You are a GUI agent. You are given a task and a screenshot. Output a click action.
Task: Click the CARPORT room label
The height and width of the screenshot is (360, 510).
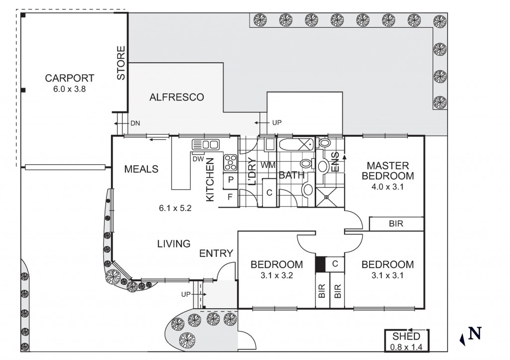point(70,78)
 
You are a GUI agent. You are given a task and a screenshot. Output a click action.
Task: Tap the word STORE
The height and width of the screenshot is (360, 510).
point(121,63)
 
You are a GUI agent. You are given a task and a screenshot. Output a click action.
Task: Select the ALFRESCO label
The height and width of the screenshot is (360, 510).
point(177,97)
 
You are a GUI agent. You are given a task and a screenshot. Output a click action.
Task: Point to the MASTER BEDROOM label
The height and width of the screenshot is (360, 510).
point(387,170)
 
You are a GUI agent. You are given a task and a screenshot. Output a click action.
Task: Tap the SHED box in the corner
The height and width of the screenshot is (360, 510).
point(406,341)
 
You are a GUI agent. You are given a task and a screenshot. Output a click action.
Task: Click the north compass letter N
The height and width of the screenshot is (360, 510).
point(475,333)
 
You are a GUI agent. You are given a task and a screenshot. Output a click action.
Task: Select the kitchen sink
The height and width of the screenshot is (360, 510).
point(206,145)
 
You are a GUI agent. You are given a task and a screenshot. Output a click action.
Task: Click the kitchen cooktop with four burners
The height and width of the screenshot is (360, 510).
point(231,161)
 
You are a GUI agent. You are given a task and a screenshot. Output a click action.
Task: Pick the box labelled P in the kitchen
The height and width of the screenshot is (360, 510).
point(231,180)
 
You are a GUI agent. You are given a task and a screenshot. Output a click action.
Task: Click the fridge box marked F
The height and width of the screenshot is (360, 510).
point(231,197)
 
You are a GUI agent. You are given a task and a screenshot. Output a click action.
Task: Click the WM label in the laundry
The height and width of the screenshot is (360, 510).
point(267,165)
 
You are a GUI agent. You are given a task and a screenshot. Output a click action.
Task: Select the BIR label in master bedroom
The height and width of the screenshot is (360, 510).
point(396,224)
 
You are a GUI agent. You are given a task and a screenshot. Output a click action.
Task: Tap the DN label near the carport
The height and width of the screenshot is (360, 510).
point(134,123)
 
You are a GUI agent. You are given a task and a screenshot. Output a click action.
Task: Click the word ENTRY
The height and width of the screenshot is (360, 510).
point(216,253)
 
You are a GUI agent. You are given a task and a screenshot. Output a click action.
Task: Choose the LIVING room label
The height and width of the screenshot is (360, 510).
point(174,244)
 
